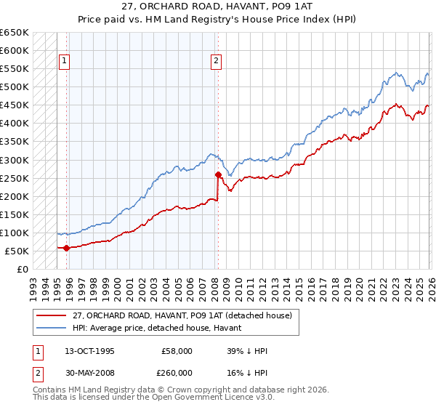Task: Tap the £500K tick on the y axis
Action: point(15,87)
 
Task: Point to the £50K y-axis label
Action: point(17,251)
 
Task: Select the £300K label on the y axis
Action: point(15,160)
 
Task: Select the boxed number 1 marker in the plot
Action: point(65,62)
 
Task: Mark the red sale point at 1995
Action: point(66,248)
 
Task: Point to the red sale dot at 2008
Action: point(217,174)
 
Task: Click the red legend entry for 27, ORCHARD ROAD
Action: point(182,315)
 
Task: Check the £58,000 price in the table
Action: point(177,351)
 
